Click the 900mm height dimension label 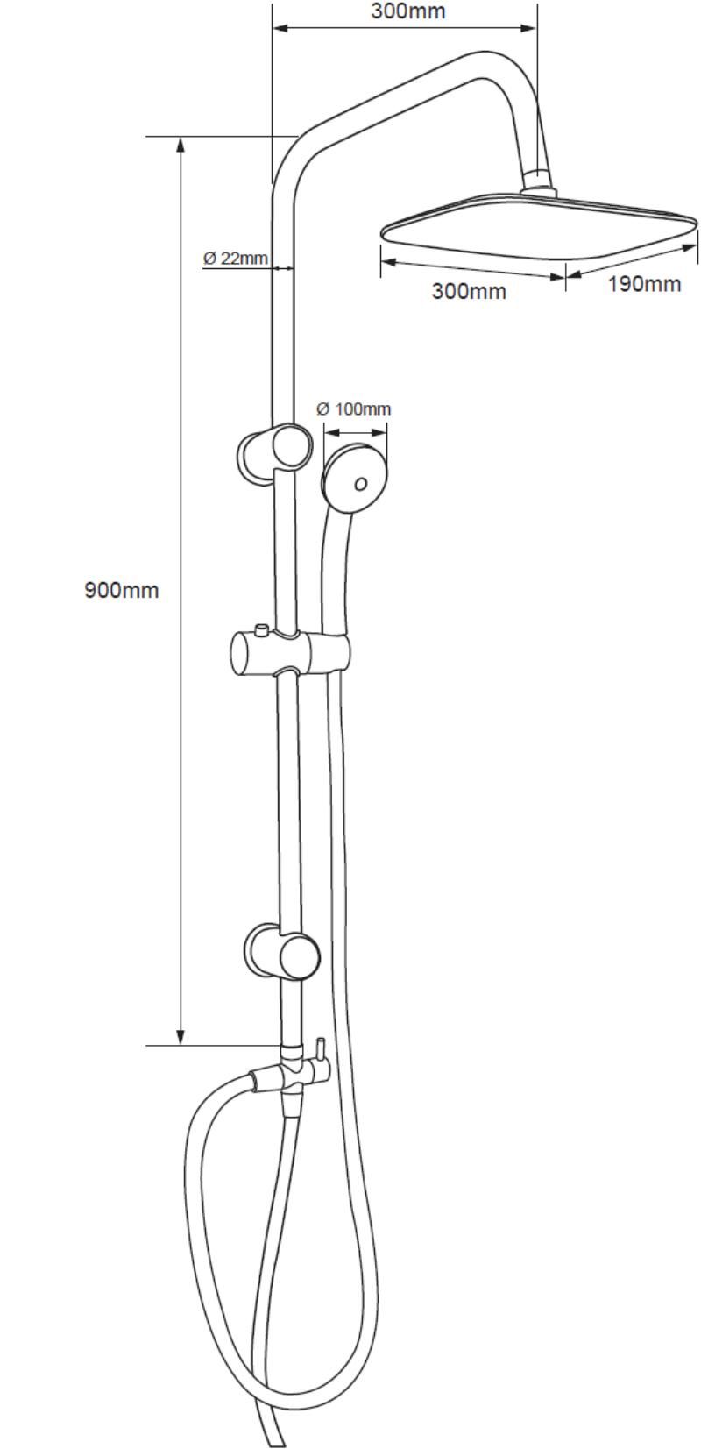tap(122, 590)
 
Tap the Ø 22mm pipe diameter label tap(236, 258)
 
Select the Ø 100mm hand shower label tap(354, 408)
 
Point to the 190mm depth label tap(644, 283)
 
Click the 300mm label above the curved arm tap(408, 11)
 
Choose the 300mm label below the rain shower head tap(469, 291)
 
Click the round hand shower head tap(356, 475)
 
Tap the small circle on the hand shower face tap(360, 484)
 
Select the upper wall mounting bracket tap(274, 452)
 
